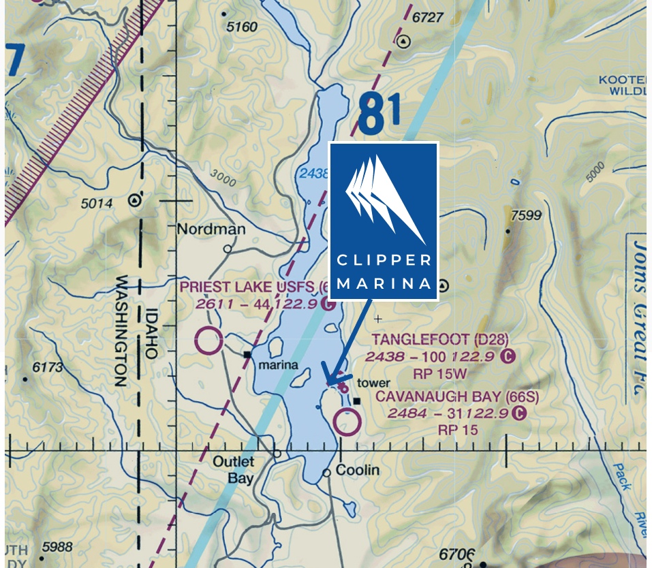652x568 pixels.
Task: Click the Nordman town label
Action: (x=211, y=230)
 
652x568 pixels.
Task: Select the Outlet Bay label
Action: (x=233, y=470)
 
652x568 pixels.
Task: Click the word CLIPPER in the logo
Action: (x=384, y=260)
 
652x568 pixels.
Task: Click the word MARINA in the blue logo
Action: (x=384, y=283)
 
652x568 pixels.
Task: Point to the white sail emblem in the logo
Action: (x=383, y=198)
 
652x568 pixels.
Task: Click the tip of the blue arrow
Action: (x=324, y=383)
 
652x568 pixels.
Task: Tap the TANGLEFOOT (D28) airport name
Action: (x=439, y=339)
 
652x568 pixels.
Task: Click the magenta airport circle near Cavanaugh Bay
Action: (x=347, y=422)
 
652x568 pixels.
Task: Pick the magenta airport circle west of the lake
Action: (x=208, y=340)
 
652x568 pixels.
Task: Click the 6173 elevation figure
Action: (x=47, y=367)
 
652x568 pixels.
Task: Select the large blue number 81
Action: (x=379, y=114)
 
